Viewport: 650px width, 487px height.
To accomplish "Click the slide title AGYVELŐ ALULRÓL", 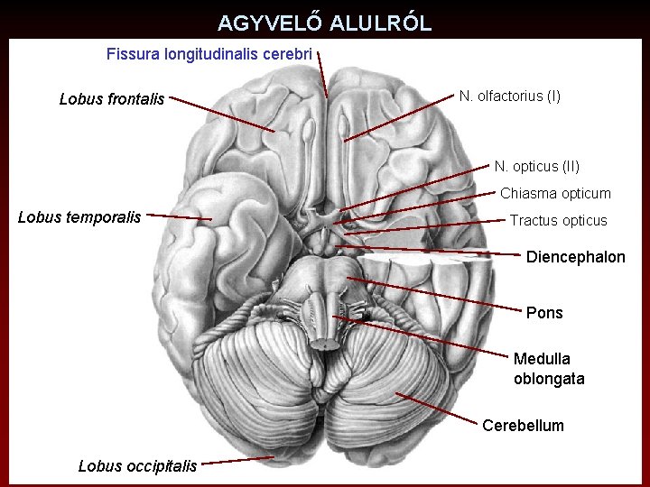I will (324, 23).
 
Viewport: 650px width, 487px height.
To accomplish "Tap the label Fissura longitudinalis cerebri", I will (209, 54).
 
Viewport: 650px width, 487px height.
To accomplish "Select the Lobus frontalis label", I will (112, 99).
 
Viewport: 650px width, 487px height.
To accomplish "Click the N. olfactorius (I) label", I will (509, 96).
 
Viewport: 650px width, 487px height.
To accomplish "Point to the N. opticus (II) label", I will (536, 166).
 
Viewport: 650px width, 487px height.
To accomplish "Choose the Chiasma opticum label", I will (555, 193).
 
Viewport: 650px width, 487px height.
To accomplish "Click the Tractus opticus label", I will (558, 220).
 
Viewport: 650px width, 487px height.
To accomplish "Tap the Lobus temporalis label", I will (79, 216).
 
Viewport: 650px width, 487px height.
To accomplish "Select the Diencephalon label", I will (575, 257).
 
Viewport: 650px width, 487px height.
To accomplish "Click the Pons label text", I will (543, 313).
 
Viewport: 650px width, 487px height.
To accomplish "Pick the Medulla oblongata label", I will (549, 369).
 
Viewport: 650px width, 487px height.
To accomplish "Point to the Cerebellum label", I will (523, 425).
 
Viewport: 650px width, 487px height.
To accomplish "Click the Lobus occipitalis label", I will (137, 466).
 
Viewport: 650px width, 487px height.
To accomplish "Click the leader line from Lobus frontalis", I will (221, 114).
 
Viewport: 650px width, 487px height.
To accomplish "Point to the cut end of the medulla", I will (320, 342).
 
